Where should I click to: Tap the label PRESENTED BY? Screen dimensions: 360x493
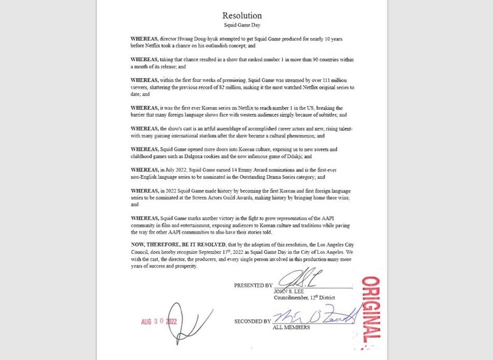(x=253, y=286)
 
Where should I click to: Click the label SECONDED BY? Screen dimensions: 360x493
(x=252, y=322)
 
